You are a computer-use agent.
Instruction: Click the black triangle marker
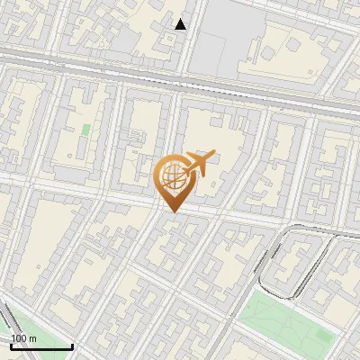coord(181,24)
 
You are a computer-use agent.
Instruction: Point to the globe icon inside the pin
coord(173,177)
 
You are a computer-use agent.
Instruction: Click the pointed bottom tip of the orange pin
coord(172,211)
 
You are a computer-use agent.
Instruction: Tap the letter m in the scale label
coord(33,338)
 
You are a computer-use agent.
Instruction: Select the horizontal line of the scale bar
coord(40,346)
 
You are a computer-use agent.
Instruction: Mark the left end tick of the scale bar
coord(11,345)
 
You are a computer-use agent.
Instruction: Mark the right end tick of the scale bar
coord(71,345)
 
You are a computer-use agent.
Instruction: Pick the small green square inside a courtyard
coord(86,130)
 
